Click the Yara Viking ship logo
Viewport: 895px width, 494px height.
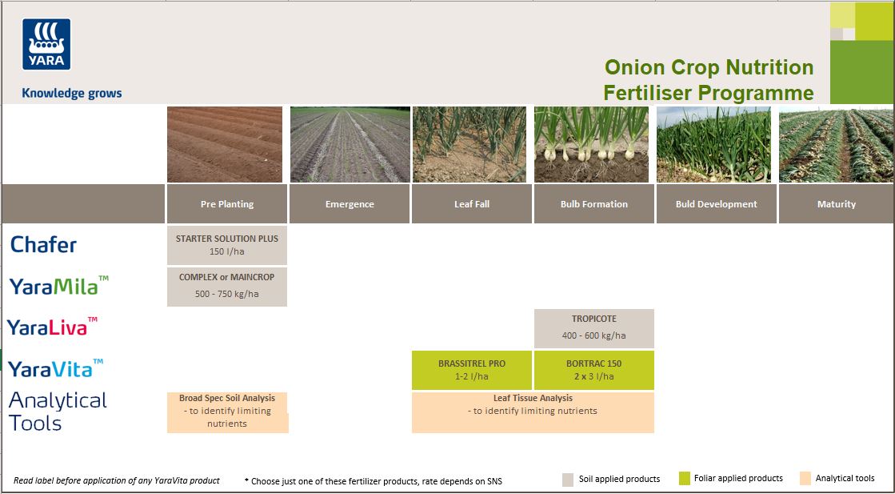(46, 45)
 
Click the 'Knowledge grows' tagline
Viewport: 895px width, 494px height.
(72, 93)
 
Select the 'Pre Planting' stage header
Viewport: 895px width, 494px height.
(227, 204)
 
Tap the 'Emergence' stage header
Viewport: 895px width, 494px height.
(350, 204)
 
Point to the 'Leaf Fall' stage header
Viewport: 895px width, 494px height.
(472, 204)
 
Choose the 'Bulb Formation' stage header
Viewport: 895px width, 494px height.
(594, 204)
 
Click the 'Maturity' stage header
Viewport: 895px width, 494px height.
(837, 204)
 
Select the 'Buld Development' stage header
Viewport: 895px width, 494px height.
(716, 204)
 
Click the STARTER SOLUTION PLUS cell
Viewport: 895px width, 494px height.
(227, 245)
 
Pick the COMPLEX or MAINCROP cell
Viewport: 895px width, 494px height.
(227, 286)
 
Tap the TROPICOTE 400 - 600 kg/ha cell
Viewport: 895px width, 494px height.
(594, 327)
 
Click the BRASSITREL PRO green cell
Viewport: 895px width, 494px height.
(472, 369)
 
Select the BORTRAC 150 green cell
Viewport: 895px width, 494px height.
(594, 369)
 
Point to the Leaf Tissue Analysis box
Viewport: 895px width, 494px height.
(533, 412)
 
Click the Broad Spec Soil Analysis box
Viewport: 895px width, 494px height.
(227, 412)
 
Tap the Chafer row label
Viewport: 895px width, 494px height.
(44, 245)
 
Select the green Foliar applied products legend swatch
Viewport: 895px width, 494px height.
(684, 479)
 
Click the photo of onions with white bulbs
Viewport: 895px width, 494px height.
(593, 145)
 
